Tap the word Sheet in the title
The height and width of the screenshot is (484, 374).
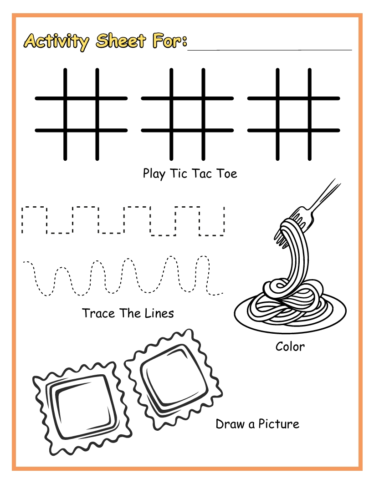(121, 41)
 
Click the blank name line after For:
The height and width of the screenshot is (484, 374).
(270, 49)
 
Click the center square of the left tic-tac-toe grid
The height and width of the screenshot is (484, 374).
(81, 115)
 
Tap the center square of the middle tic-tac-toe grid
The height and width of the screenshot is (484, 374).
(188, 115)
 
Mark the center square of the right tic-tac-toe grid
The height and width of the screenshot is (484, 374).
(294, 115)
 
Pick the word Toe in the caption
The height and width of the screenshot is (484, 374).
(227, 173)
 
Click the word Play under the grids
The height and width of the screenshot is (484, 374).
(154, 174)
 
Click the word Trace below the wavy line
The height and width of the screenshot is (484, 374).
(98, 313)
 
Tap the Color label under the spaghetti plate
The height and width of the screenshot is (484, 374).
(290, 346)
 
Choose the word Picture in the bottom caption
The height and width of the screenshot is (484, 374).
(279, 424)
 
